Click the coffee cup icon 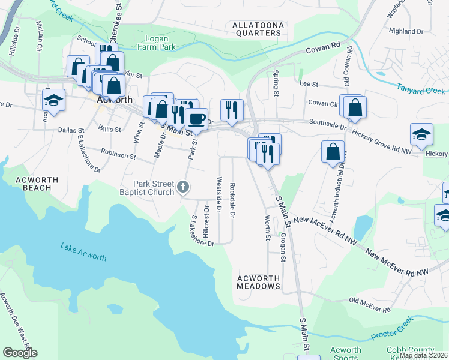click(x=196, y=118)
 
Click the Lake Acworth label click(x=83, y=252)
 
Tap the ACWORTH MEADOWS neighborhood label click(x=259, y=283)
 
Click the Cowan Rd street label click(x=323, y=48)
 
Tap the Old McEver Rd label click(x=370, y=305)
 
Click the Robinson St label click(x=118, y=155)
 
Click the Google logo click(x=20, y=352)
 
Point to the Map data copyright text click(x=423, y=355)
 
